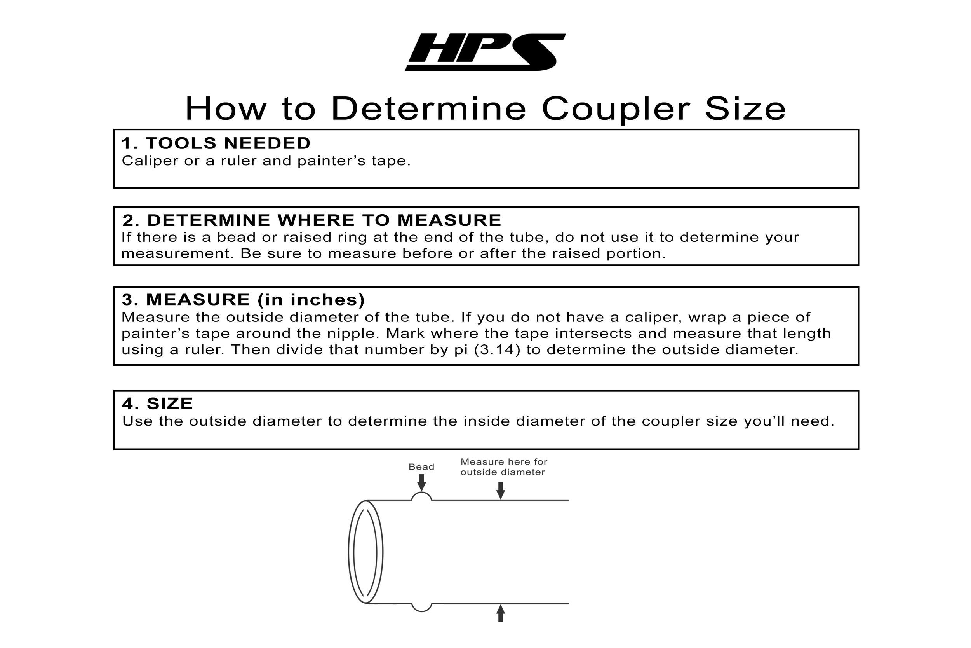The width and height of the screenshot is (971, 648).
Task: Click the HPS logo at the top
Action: pos(485,52)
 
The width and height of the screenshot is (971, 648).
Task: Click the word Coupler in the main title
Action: pos(616,109)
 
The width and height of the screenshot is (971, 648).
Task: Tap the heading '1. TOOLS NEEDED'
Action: pos(216,143)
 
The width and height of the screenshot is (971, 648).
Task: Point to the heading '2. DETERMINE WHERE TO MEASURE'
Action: pos(312,220)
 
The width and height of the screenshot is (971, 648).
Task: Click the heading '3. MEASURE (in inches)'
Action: pos(243,300)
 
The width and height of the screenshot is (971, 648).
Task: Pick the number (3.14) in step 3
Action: pos(497,349)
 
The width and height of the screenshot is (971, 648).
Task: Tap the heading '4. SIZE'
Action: pos(157,404)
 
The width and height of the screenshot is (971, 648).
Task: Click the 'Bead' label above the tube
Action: pos(421,467)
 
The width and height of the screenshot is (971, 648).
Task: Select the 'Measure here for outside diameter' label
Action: pos(504,467)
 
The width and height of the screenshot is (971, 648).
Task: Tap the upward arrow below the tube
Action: pos(500,613)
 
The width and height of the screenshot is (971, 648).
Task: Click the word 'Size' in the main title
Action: pos(745,109)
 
